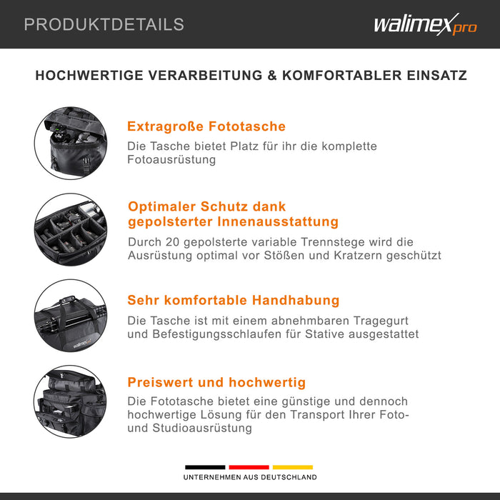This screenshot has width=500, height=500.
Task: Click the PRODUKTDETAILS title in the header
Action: coord(104,24)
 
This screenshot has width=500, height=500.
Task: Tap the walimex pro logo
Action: coord(424,26)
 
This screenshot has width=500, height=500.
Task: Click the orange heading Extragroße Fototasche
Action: coord(206,126)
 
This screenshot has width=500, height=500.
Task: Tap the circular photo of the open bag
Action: coord(71,143)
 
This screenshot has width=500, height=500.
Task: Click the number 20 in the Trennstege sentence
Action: coord(176,242)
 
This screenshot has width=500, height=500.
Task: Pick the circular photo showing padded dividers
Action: coord(71,229)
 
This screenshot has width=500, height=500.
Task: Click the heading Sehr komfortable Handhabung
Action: coord(233,300)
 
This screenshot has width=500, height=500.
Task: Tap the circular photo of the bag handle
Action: coord(71,315)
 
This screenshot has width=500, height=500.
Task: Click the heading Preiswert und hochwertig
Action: coord(216,382)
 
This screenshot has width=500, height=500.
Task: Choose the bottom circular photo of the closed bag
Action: coord(71,401)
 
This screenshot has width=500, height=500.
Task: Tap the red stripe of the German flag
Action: coord(249,467)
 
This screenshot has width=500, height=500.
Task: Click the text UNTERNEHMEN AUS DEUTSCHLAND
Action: coord(249,476)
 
